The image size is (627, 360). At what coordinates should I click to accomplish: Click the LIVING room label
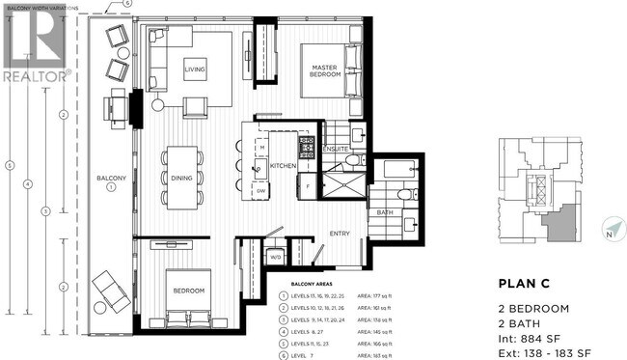(x=196, y=69)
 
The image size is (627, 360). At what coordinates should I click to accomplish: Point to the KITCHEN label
(x=282, y=166)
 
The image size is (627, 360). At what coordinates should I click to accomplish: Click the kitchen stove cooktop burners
(x=307, y=148)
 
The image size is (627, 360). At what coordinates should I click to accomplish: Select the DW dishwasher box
(x=260, y=191)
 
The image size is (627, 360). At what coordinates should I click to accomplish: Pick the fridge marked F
(x=307, y=183)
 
